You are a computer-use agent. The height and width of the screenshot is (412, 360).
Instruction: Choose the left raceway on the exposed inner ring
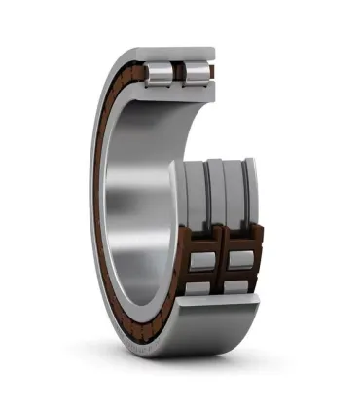201,195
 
